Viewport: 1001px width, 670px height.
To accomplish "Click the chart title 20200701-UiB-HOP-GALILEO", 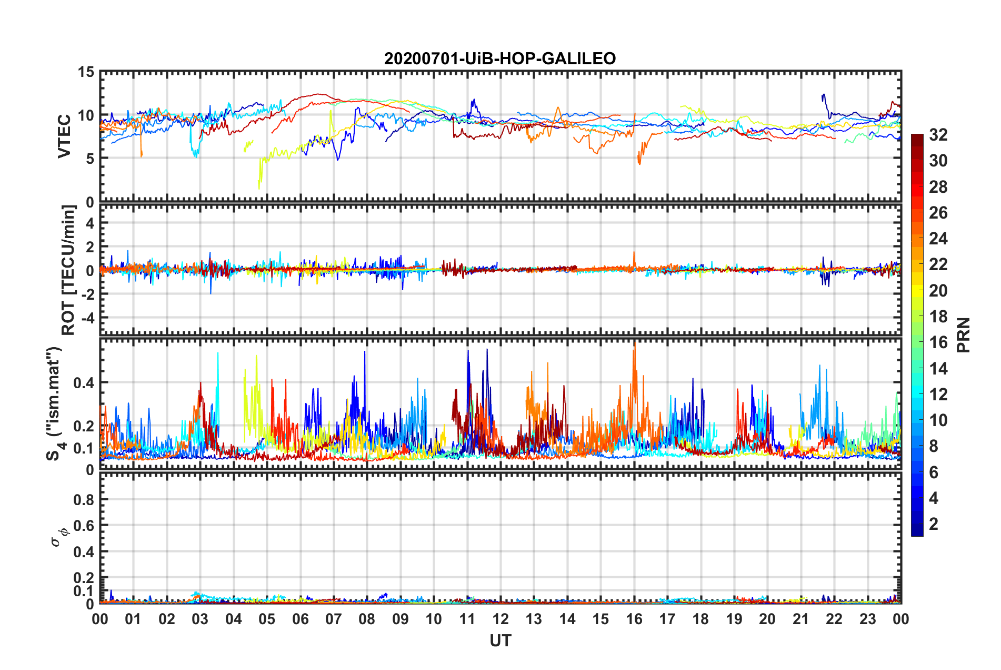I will [499, 58].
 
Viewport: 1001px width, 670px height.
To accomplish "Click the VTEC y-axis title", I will [64, 136].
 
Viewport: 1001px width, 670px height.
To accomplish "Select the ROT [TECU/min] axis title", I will [68, 270].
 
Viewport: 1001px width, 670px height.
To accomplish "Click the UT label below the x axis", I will [500, 641].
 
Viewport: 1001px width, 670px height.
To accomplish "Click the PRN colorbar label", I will [963, 335].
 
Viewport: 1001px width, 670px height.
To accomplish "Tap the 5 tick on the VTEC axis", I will [89, 159].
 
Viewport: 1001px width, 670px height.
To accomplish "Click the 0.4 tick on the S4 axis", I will [84, 383].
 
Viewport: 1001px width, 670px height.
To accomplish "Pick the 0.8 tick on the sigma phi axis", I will [84, 499].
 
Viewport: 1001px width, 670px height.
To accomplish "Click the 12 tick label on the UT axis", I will [500, 619].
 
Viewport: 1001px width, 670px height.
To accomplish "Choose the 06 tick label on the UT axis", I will [300, 619].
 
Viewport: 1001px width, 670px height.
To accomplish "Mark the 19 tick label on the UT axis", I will [734, 619].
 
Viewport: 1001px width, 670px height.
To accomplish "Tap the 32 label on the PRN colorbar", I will [938, 135].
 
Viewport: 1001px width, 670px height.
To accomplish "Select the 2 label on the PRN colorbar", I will [934, 524].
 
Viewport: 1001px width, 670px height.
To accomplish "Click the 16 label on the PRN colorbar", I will [938, 343].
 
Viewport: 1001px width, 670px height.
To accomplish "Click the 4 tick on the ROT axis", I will [89, 223].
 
